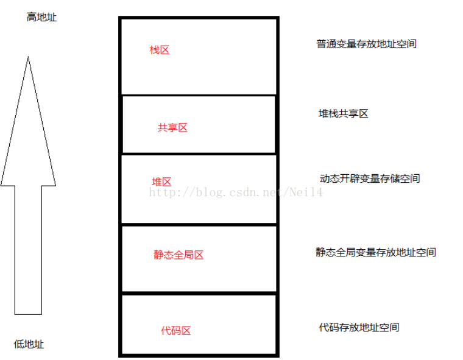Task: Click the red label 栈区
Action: click(x=159, y=50)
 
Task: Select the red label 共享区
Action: click(x=172, y=128)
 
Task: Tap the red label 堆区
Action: click(x=161, y=182)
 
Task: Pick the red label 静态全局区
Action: click(x=178, y=255)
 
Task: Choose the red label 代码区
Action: click(x=175, y=331)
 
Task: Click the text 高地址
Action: click(x=41, y=17)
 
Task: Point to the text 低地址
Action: click(x=29, y=344)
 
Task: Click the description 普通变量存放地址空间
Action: click(x=366, y=44)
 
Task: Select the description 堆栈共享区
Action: click(x=344, y=114)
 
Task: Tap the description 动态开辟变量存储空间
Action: click(x=370, y=178)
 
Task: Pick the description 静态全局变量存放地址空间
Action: click(x=375, y=252)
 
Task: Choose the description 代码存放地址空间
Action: click(x=359, y=327)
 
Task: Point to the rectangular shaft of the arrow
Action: click(x=28, y=250)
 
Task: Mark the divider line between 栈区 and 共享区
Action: click(x=199, y=95)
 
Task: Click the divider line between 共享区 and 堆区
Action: click(x=199, y=154)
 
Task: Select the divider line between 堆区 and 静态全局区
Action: click(x=199, y=225)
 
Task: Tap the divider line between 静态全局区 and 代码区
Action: click(x=199, y=294)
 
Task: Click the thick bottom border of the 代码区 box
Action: click(x=199, y=354)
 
